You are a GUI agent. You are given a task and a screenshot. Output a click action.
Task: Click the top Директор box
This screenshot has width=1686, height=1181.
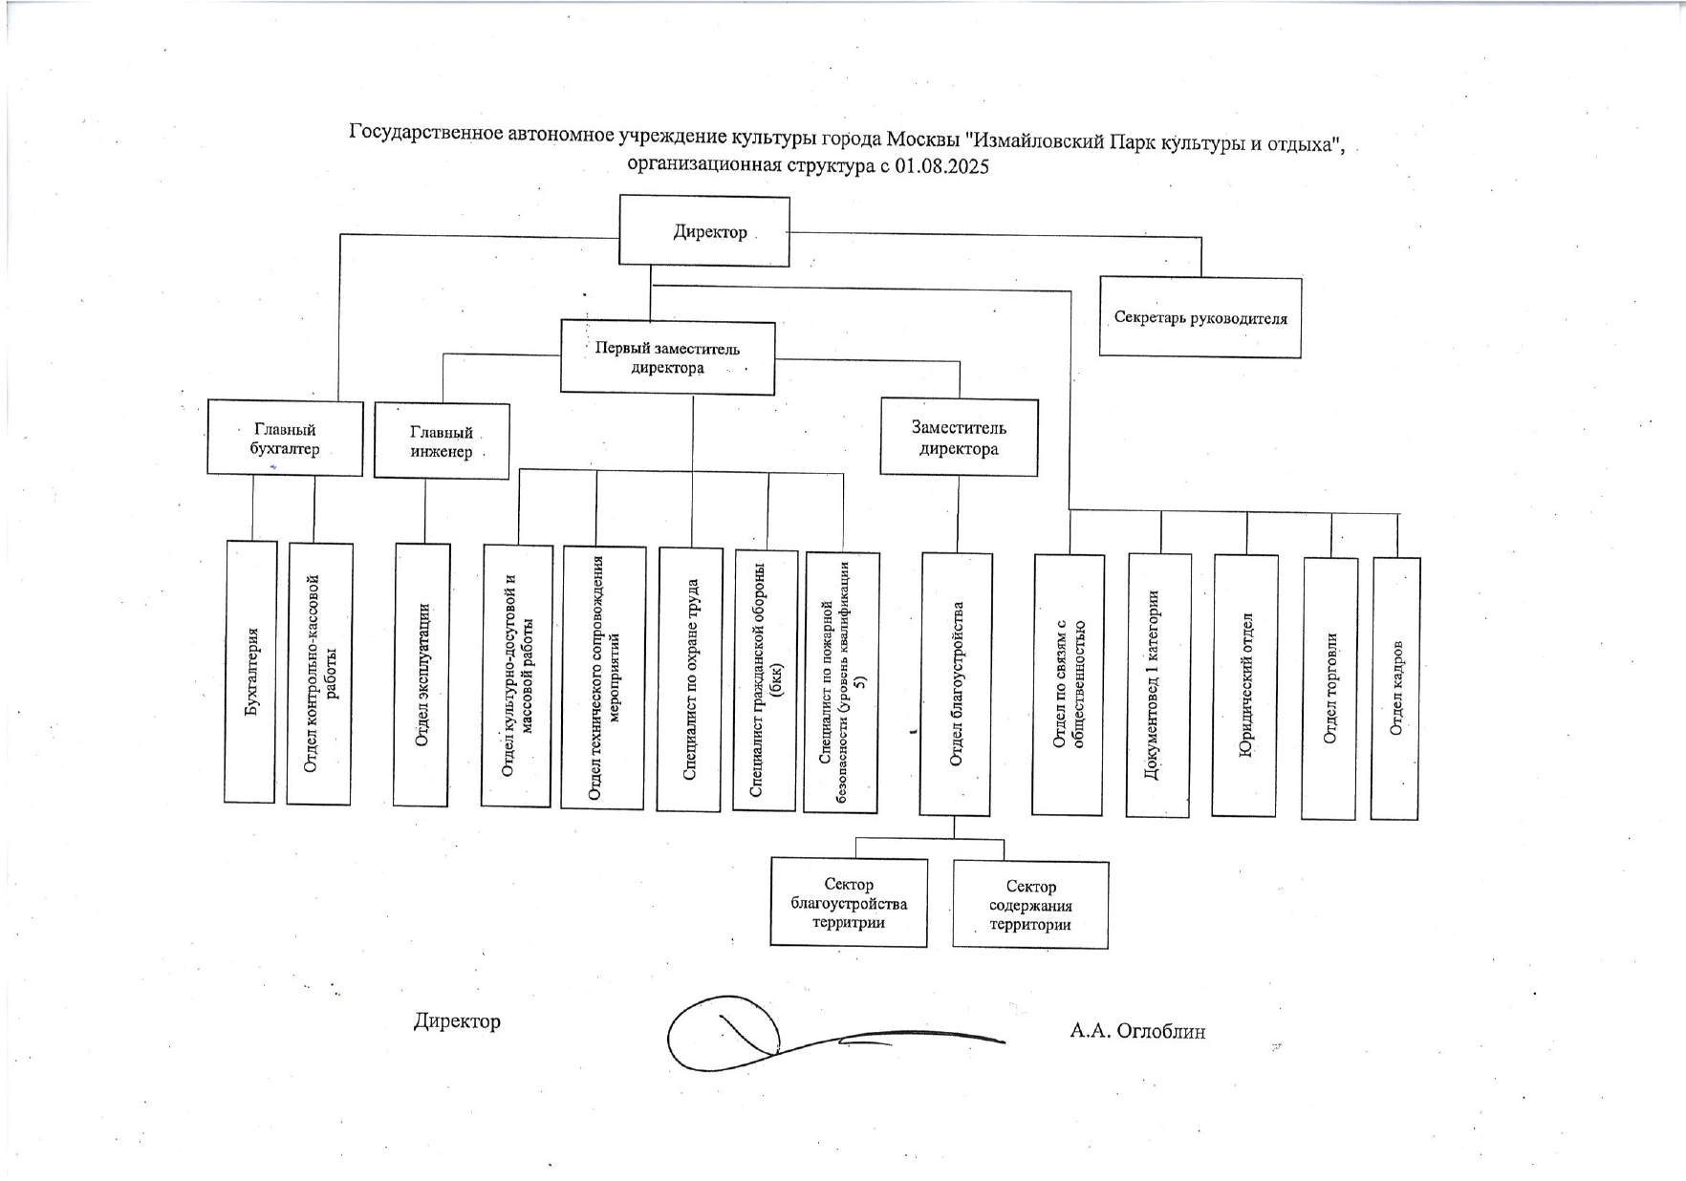click(704, 231)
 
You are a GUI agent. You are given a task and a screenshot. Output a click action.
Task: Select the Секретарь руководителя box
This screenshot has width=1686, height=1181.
click(1200, 317)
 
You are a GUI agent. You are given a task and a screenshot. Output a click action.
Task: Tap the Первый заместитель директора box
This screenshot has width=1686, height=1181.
click(667, 357)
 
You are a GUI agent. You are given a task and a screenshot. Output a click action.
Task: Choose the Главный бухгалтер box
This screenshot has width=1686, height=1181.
click(285, 439)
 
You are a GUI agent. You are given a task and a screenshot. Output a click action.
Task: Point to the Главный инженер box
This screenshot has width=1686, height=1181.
click(442, 441)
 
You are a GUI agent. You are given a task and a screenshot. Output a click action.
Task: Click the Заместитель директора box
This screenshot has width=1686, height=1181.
click(959, 438)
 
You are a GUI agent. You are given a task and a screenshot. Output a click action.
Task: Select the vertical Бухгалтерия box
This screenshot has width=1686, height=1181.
click(250, 672)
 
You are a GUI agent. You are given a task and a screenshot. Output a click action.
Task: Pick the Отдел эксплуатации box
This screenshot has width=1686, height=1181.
click(421, 675)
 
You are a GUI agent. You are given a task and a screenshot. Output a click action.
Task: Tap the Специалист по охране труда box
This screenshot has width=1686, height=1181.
click(689, 679)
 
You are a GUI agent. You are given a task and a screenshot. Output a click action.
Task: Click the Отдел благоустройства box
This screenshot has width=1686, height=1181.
click(956, 684)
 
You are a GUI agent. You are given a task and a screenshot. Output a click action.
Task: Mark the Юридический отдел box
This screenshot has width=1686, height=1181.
click(1244, 685)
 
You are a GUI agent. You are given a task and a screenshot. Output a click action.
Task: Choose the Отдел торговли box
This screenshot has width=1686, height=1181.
click(1329, 688)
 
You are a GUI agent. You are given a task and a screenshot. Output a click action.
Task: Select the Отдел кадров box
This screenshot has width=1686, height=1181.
click(1395, 688)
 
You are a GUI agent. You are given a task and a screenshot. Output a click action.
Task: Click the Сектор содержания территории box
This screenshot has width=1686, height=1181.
click(1030, 905)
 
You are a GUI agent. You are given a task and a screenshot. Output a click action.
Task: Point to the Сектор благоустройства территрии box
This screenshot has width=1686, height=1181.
click(849, 903)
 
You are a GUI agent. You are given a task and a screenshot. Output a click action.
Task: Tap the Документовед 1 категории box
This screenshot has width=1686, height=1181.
click(1158, 685)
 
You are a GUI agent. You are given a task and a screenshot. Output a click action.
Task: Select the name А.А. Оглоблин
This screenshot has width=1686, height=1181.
click(1137, 1031)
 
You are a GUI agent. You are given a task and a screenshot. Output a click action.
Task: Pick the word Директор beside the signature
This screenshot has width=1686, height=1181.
click(457, 1021)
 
